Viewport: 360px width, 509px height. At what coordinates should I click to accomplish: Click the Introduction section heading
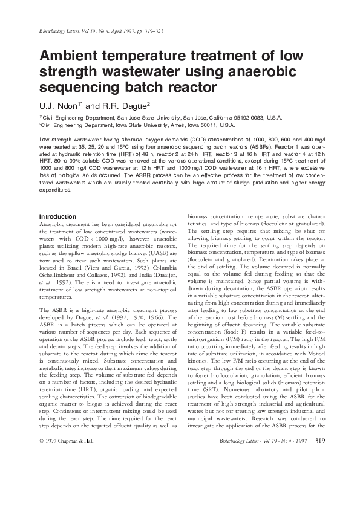(57, 216)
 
